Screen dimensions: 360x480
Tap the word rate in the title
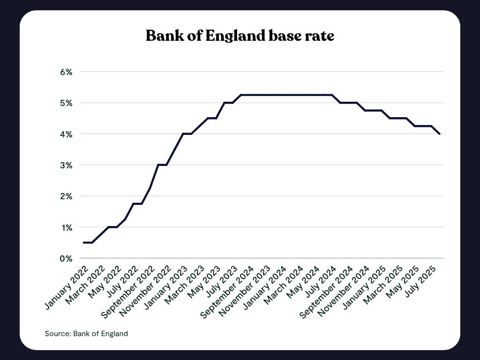(x=318, y=36)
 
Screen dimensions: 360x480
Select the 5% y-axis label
(x=66, y=103)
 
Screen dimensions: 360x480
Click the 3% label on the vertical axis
(x=66, y=165)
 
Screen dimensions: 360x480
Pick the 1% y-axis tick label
(x=66, y=227)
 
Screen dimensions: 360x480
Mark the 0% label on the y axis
(x=66, y=258)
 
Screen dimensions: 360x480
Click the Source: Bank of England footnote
(x=86, y=334)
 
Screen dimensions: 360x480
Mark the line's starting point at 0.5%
(x=83, y=242)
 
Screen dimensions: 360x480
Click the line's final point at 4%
(x=439, y=134)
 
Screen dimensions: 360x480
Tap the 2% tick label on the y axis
(x=66, y=196)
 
